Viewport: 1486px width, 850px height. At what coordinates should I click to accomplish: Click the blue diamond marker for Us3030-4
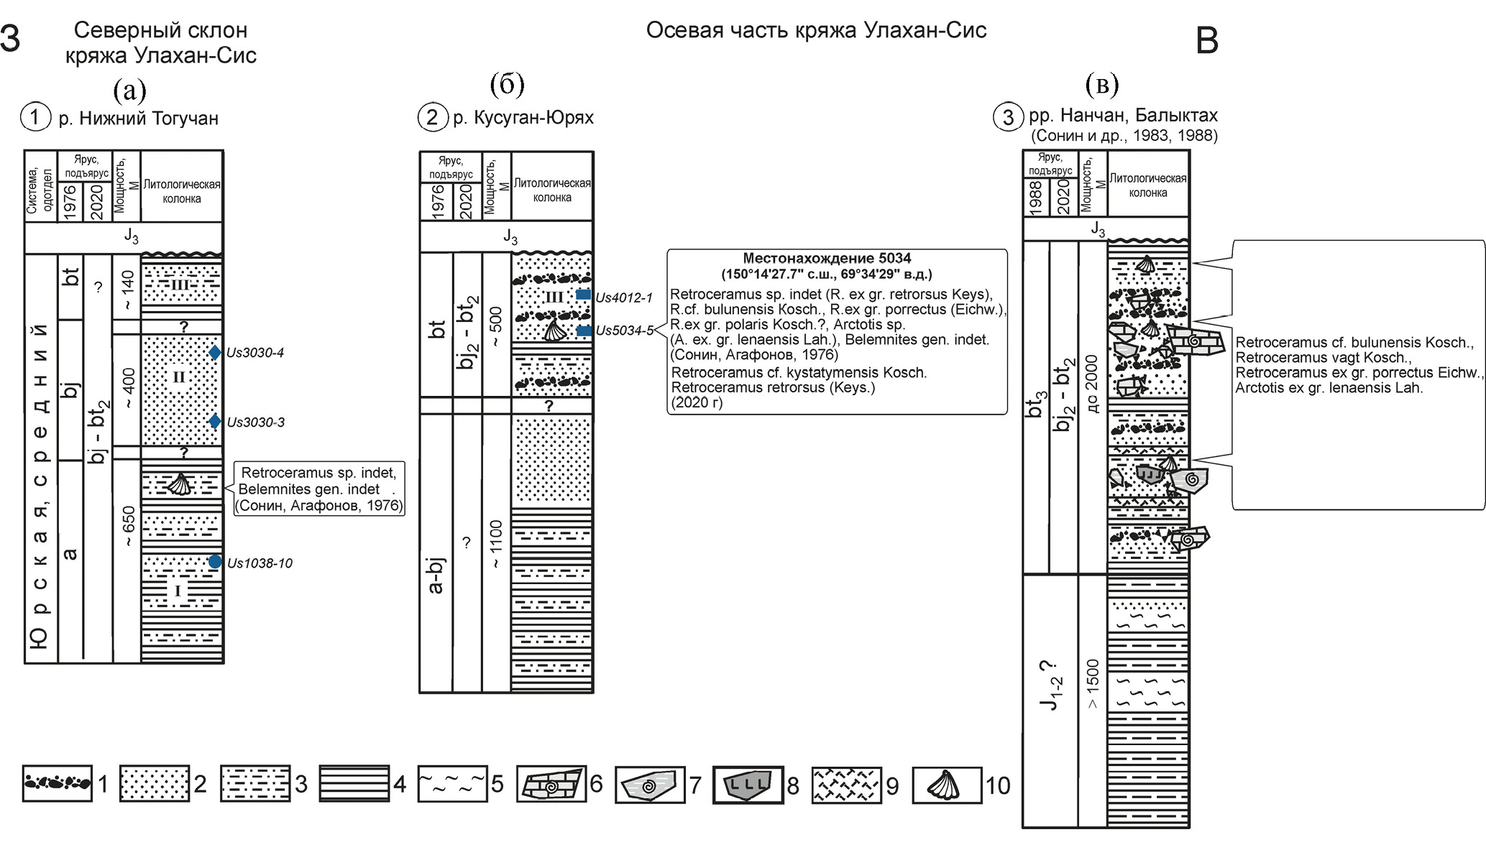point(215,353)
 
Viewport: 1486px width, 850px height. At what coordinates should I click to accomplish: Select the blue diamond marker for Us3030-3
point(215,422)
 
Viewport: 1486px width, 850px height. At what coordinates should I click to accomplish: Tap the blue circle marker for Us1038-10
point(215,562)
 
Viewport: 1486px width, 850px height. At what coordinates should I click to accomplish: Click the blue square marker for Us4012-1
point(584,295)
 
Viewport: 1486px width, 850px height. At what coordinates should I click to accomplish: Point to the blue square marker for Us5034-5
point(584,331)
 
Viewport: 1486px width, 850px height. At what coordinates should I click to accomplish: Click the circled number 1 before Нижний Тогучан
point(36,116)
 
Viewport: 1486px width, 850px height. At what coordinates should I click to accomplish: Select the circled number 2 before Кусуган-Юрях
point(432,116)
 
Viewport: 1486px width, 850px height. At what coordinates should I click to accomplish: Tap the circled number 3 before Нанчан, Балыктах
point(1008,116)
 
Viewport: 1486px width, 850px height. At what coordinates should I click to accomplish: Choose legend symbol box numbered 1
point(57,783)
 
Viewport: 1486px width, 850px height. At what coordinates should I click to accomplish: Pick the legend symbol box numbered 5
point(452,783)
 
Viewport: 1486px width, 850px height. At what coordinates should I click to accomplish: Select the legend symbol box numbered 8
point(748,784)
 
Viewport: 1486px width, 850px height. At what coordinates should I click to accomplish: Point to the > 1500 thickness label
point(1092,684)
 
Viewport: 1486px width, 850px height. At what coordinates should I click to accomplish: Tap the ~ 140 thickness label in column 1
point(127,290)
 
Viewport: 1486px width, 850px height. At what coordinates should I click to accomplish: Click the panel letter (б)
point(507,85)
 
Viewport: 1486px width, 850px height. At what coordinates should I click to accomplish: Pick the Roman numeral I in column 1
point(178,591)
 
